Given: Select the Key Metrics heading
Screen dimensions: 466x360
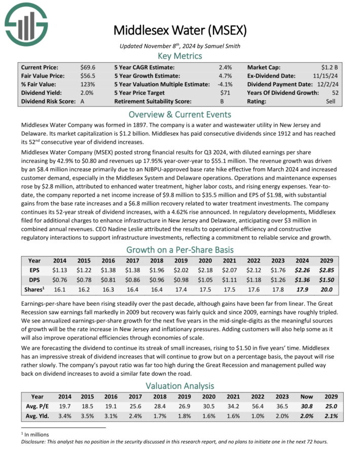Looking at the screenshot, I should [x=180, y=56].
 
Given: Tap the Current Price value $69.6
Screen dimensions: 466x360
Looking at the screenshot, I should [x=88, y=67].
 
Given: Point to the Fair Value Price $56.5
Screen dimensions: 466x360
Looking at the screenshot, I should [x=88, y=76].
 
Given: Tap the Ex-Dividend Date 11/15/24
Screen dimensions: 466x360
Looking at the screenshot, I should [x=329, y=76].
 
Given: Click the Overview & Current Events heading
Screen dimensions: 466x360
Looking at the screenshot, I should [x=180, y=114].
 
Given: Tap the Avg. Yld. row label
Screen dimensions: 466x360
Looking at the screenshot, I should [x=38, y=416].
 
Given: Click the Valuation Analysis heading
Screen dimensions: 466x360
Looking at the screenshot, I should [x=180, y=385].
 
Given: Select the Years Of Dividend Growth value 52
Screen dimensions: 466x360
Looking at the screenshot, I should [x=336, y=93].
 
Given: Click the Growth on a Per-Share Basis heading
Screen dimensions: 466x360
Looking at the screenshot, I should [x=180, y=249].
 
